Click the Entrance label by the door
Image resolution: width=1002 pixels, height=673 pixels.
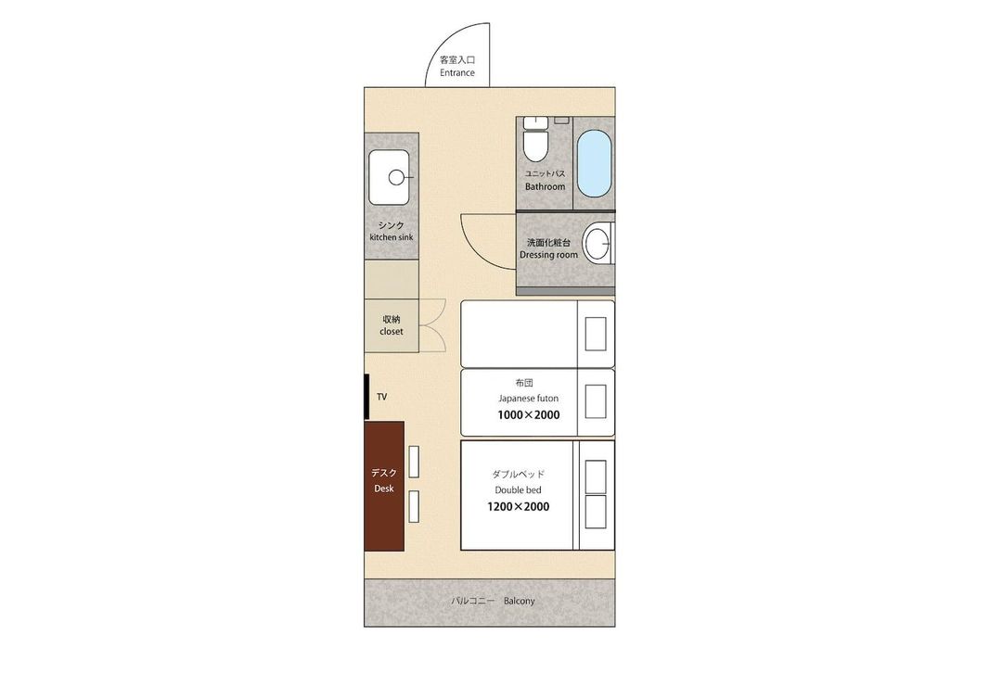pos(456,73)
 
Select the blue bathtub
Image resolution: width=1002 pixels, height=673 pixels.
pos(595,163)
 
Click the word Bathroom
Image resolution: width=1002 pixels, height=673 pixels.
pos(546,186)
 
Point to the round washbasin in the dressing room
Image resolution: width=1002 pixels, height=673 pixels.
pos(598,243)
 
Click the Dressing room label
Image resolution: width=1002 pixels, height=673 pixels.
pos(548,255)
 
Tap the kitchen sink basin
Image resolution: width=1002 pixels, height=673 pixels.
pos(389,177)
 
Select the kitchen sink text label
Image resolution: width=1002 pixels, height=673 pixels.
pos(392,237)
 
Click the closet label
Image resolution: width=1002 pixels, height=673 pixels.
pos(392,331)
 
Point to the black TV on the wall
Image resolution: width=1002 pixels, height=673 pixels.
pos(366,397)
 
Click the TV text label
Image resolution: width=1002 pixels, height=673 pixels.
pos(381,397)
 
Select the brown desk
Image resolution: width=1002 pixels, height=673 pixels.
pos(384,486)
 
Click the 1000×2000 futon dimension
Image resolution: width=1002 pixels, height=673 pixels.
pos(529,415)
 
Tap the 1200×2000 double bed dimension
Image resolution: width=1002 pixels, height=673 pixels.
pos(519,507)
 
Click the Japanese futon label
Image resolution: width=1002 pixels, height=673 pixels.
pos(529,398)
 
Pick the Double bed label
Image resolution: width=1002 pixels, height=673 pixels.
pos(519,489)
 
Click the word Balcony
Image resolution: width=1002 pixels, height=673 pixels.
pos(519,601)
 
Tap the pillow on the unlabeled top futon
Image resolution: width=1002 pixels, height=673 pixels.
pos(596,334)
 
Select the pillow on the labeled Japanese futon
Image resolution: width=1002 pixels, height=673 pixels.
pos(596,401)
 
